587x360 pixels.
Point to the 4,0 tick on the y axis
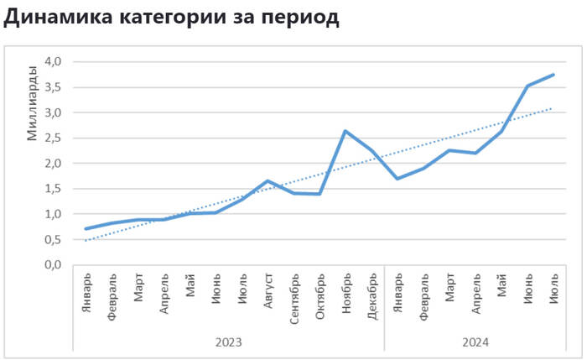[x=54, y=61]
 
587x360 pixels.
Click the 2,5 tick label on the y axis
[x=54, y=138]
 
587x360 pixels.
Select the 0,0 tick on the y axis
[x=54, y=264]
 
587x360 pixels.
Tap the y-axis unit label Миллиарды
[x=33, y=102]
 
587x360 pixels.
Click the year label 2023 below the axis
[x=228, y=342]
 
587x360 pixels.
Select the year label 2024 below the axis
[x=475, y=342]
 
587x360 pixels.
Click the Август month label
[x=268, y=291]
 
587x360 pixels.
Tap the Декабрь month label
[x=371, y=294]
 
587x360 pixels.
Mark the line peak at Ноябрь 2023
[x=345, y=131]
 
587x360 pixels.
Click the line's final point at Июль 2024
[x=553, y=75]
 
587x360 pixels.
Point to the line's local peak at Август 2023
[x=268, y=181]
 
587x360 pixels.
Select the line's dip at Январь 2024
[x=397, y=179]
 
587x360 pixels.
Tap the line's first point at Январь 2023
[x=86, y=228]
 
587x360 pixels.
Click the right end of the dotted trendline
[x=553, y=107]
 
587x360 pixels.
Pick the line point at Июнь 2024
[x=527, y=86]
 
